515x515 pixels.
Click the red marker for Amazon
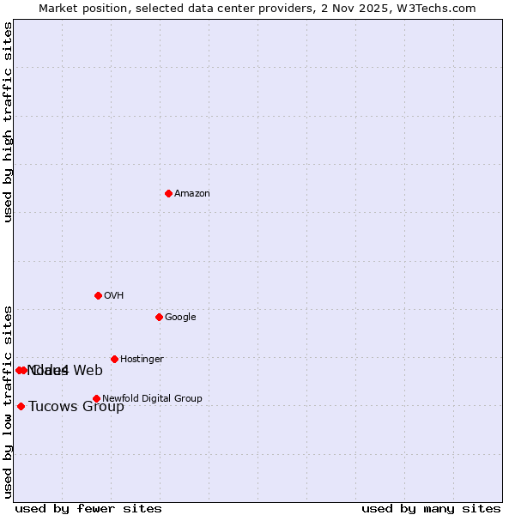point(168,193)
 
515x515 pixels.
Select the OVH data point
point(98,295)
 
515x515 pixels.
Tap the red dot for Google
point(159,317)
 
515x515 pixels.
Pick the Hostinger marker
point(114,359)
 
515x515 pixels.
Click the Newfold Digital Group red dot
point(96,398)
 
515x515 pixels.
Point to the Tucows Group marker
point(21,406)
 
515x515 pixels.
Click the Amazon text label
point(192,194)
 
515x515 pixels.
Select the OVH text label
point(114,296)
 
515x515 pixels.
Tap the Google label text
point(180,318)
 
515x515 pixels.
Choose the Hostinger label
point(142,360)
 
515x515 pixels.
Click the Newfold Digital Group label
point(153,399)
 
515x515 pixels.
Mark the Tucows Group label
point(76,407)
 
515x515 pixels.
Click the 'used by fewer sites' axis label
point(88,509)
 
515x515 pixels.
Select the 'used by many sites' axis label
point(431,509)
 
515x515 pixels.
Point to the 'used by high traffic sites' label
point(9,122)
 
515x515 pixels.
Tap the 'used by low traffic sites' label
point(9,401)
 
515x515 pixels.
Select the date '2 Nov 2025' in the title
point(369,8)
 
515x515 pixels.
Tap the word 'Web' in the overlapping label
point(88,371)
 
